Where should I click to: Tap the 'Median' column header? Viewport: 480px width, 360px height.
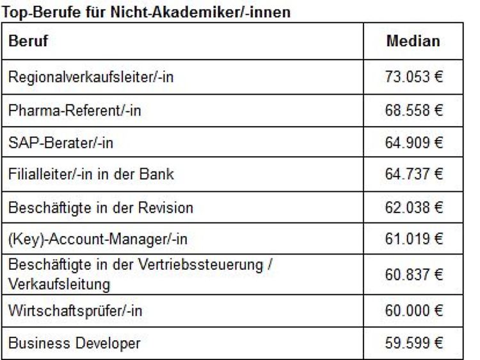point(413,42)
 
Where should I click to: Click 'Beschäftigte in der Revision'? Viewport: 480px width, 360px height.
point(100,208)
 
